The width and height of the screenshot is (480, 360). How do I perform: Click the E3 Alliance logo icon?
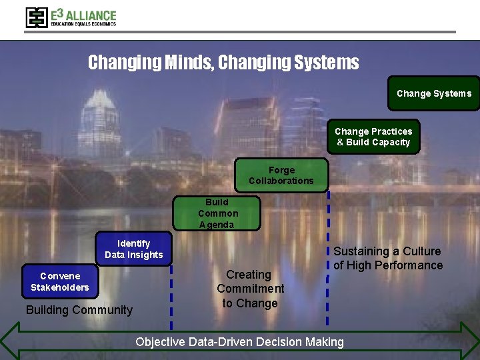pyautogui.click(x=37, y=17)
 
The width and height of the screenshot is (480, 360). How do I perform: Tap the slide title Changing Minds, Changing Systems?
pyautogui.click(x=223, y=63)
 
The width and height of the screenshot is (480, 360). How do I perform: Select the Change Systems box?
pyautogui.click(x=433, y=93)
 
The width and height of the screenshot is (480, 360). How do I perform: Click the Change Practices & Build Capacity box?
pyautogui.click(x=373, y=137)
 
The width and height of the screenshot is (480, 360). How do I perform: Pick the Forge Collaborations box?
pyautogui.click(x=281, y=175)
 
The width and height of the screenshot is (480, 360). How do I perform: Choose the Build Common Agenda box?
pyautogui.click(x=217, y=213)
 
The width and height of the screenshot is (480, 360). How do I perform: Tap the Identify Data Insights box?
pyautogui.click(x=133, y=249)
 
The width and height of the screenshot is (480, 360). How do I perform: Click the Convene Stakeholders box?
pyautogui.click(x=60, y=281)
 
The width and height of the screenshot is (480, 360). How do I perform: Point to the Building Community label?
pyautogui.click(x=79, y=310)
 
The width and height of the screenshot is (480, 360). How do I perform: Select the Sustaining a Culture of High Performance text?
pyautogui.click(x=388, y=258)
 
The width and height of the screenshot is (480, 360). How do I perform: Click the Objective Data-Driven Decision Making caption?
pyautogui.click(x=239, y=342)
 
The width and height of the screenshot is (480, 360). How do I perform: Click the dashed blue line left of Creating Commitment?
pyautogui.click(x=171, y=293)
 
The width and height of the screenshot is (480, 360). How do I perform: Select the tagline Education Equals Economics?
pyautogui.click(x=83, y=24)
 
